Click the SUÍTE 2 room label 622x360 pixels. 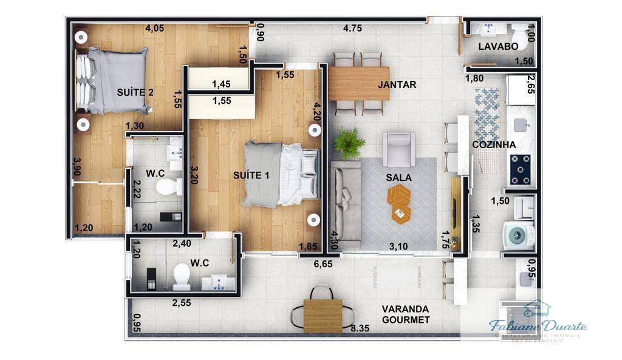[x=134, y=92]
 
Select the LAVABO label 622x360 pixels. [x=497, y=47]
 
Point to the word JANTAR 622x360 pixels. [x=397, y=85]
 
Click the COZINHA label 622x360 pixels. [x=494, y=144]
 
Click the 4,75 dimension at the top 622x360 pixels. [x=352, y=28]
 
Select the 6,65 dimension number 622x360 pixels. [x=322, y=265]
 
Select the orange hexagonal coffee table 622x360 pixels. [x=399, y=204]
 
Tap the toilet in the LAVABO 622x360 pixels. [x=521, y=34]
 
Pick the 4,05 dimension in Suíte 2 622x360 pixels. [x=156, y=28]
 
